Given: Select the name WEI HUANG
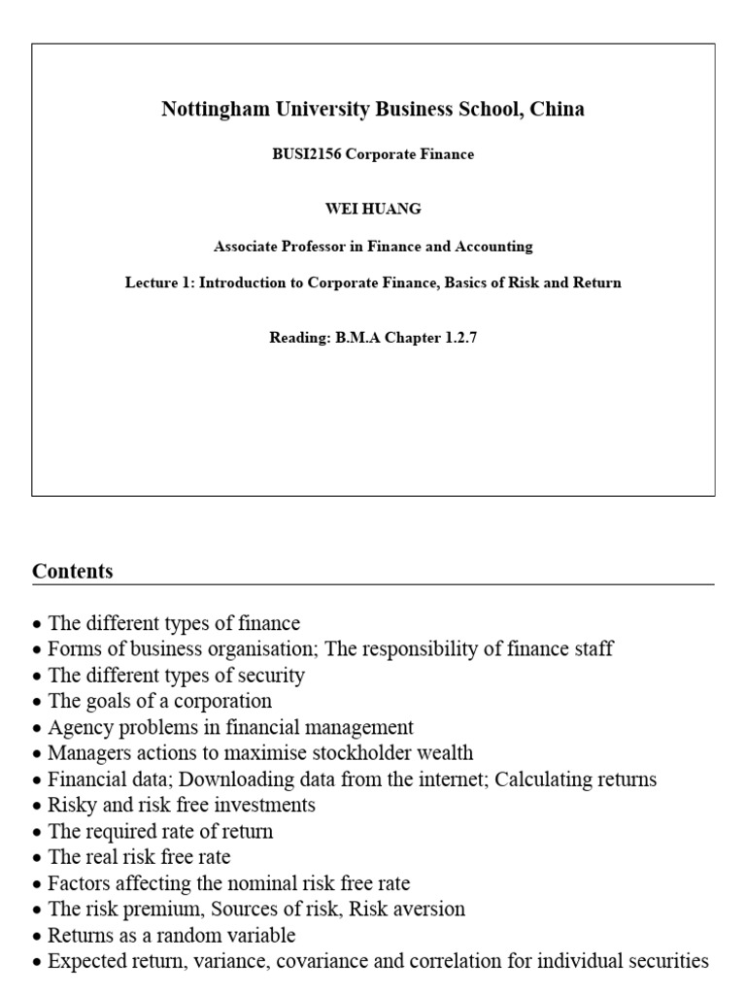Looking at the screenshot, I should coord(373,210).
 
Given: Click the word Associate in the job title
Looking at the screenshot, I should coord(247,247).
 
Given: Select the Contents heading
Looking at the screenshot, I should coord(73,571).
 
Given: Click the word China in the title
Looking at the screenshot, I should coord(558,109).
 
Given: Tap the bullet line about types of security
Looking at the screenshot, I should coord(176,675).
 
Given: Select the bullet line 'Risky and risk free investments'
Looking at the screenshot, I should coord(181,806).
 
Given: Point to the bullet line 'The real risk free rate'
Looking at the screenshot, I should coord(139,857).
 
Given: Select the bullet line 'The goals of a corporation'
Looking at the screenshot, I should coord(159,701).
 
